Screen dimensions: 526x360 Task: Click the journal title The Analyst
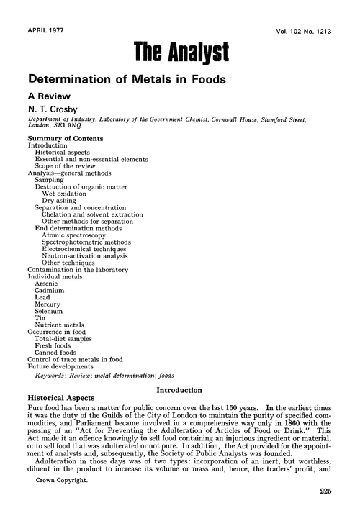(x=181, y=50)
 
